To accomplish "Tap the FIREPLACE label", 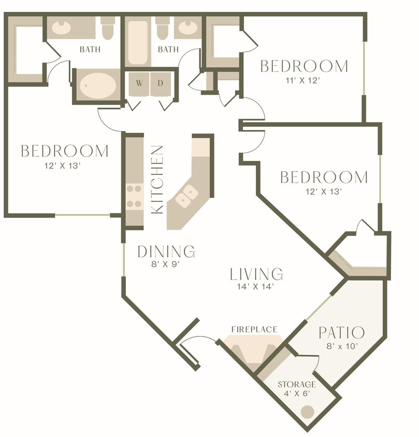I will pyautogui.click(x=254, y=329).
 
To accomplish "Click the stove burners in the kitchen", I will pyautogui.click(x=135, y=197).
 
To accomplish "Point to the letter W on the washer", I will pyautogui.click(x=139, y=83).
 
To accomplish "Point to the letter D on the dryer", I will pyautogui.click(x=161, y=83).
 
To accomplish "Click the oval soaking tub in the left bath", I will pyautogui.click(x=97, y=84).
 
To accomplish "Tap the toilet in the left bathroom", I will pyautogui.click(x=108, y=30).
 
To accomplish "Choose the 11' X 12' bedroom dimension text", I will pyautogui.click(x=304, y=81).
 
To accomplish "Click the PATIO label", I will pyautogui.click(x=342, y=332).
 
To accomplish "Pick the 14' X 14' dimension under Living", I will pyautogui.click(x=256, y=286).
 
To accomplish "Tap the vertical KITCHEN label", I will pyautogui.click(x=158, y=179).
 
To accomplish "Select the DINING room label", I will pyautogui.click(x=166, y=252).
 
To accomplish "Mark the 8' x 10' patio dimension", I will pyautogui.click(x=342, y=346).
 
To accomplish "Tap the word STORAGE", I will pyautogui.click(x=297, y=385).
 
